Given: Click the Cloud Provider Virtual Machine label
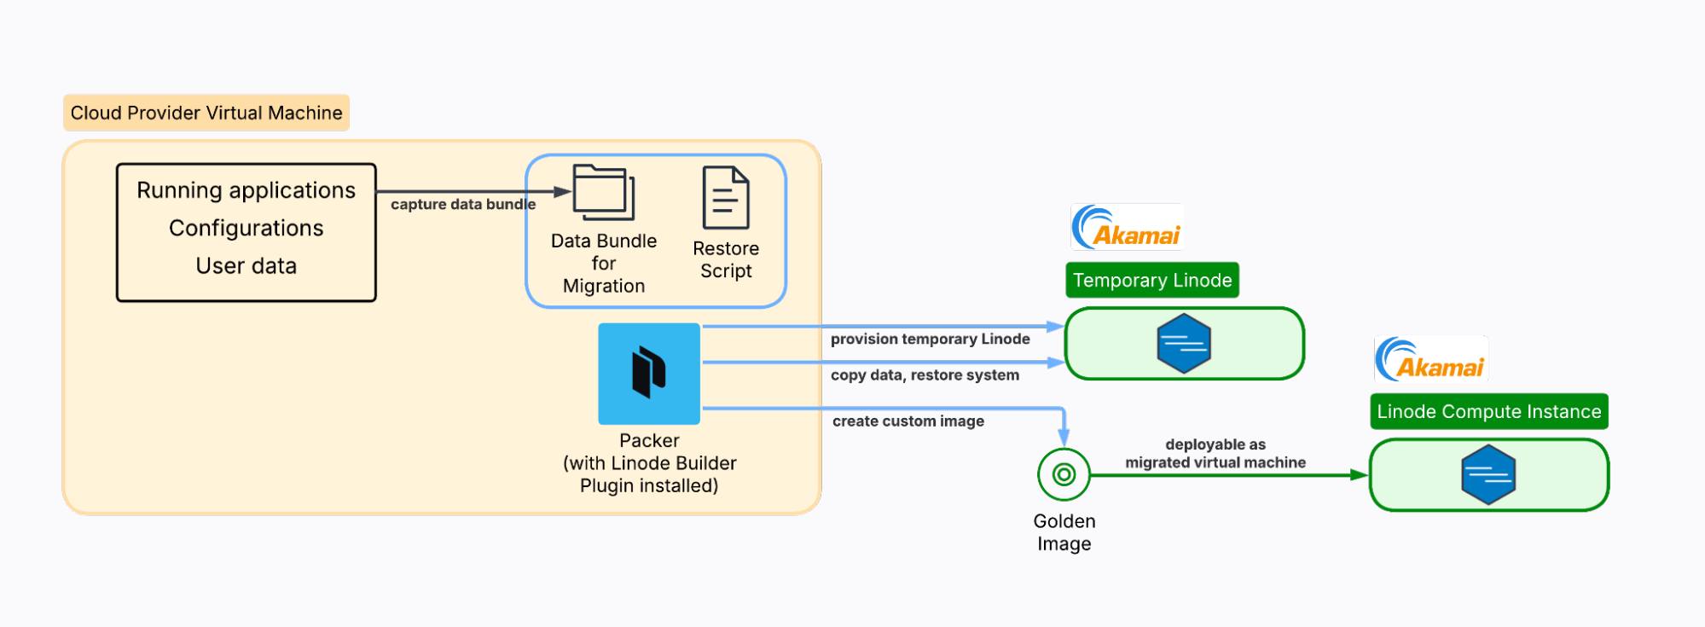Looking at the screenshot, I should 206,113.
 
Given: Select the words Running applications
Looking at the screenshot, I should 246,190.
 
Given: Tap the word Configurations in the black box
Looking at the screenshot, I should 246,228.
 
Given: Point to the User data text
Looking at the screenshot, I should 246,265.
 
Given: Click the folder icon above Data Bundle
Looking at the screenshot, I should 604,193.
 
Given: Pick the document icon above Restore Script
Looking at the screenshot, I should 726,198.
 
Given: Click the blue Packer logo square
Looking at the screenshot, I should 649,374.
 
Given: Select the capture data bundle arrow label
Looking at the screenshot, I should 462,205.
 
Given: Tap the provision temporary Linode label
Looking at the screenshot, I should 930,339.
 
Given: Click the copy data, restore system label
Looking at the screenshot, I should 925,374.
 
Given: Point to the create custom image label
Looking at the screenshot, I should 908,421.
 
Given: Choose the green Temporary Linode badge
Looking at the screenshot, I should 1151,280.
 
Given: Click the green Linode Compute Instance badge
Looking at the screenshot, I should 1488,411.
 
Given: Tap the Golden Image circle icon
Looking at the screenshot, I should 1064,474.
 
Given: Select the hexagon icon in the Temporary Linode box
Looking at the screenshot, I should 1184,344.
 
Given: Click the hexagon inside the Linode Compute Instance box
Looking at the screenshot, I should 1488,475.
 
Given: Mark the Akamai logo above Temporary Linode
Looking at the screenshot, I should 1126,227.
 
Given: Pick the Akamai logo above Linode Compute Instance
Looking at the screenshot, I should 1430,359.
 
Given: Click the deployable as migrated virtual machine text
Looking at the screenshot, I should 1215,454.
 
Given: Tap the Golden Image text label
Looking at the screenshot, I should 1064,532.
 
